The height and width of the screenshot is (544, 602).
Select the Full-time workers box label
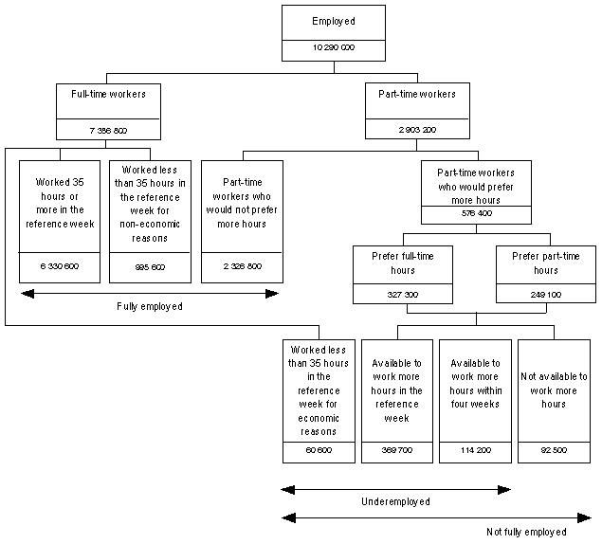click(x=106, y=95)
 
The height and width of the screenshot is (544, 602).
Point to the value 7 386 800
click(x=106, y=130)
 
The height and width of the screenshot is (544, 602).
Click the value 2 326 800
click(x=243, y=266)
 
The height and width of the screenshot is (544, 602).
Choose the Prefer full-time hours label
click(x=398, y=263)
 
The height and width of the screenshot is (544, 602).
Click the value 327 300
click(x=398, y=295)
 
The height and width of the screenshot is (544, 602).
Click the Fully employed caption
click(x=149, y=307)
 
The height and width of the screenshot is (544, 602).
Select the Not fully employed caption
click(x=525, y=532)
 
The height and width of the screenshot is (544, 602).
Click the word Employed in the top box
click(x=334, y=22)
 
